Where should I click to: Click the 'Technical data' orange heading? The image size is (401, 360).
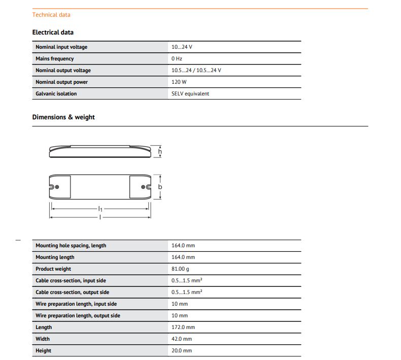[x=51, y=15]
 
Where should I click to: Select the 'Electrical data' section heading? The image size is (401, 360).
[x=53, y=32]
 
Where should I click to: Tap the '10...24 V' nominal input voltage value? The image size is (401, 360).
[x=182, y=47]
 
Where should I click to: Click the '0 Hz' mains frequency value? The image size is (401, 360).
[x=177, y=59]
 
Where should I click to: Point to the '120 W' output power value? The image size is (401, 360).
[x=179, y=82]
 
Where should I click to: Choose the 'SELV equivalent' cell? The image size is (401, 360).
[x=190, y=94]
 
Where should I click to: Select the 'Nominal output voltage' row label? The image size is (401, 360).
[x=63, y=71]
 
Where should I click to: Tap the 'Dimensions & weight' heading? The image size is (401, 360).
[x=63, y=117]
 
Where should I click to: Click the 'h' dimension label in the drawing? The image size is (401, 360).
[x=160, y=151]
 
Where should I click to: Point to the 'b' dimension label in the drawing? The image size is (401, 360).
[x=160, y=187]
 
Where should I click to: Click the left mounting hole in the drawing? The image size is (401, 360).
[x=57, y=187]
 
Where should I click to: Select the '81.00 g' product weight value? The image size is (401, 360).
[x=181, y=269]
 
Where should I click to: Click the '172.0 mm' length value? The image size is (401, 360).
[x=183, y=328]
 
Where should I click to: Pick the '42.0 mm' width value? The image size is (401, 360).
[x=182, y=339]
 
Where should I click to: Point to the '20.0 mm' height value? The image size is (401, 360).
[x=182, y=351]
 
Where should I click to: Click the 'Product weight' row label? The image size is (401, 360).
[x=53, y=269]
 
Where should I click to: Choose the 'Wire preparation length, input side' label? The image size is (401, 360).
[x=76, y=304]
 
